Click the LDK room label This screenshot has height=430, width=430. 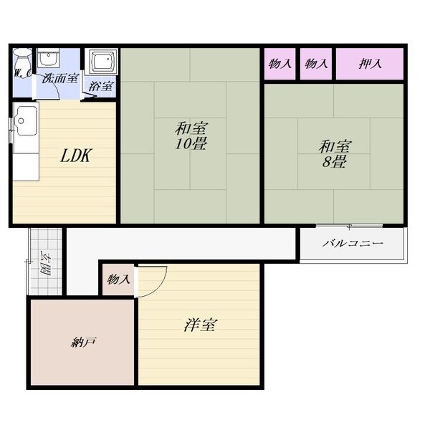click(x=75, y=156)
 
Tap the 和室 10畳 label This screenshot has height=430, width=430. click(x=191, y=136)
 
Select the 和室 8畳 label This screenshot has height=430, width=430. click(x=334, y=154)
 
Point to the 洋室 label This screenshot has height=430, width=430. click(x=201, y=325)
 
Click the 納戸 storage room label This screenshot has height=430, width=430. click(x=83, y=343)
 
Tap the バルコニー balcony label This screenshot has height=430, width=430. click(x=353, y=243)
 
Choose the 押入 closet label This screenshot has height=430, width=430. click(x=370, y=64)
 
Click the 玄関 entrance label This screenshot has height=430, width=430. click(x=44, y=263)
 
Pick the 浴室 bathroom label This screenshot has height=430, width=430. click(x=100, y=86)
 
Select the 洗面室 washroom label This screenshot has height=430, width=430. click(x=60, y=78)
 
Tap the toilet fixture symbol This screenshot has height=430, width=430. click(x=23, y=62)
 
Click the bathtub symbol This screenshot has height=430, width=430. click(x=102, y=61)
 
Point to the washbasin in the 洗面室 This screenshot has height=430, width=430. click(x=48, y=57)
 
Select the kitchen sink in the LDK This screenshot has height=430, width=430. click(x=26, y=120)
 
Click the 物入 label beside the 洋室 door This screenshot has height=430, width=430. click(x=118, y=279)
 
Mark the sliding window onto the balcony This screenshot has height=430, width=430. click(x=349, y=226)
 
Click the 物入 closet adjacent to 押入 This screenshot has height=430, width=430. click(x=315, y=64)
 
